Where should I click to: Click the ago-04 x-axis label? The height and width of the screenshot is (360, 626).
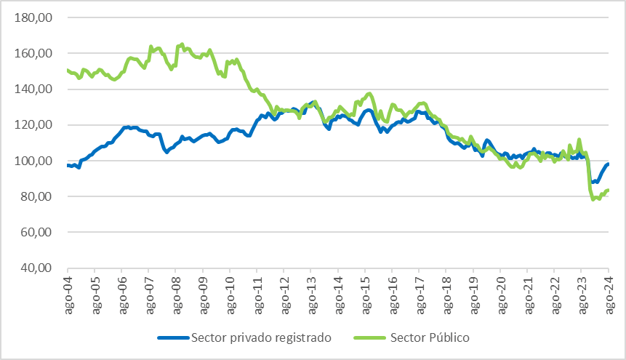[x=67, y=295]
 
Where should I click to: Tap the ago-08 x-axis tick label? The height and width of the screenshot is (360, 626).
[x=175, y=295]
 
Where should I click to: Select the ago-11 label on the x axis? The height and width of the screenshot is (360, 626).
[x=257, y=295]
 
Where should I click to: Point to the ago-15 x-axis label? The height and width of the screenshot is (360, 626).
[x=365, y=295]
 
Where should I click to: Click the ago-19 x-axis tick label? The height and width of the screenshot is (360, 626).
[x=473, y=295]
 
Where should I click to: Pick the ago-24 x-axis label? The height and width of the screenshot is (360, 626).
[x=609, y=295]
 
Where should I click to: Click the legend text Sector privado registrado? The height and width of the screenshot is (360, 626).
[x=260, y=337]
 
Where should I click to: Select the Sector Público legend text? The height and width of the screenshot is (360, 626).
[x=430, y=337]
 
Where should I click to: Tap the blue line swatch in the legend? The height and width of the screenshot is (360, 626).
[x=172, y=338]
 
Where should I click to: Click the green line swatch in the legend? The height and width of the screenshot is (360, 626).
[x=371, y=338]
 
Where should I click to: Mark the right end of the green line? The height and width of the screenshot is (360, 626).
[x=607, y=191]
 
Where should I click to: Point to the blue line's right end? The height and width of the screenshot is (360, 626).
[x=607, y=164]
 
